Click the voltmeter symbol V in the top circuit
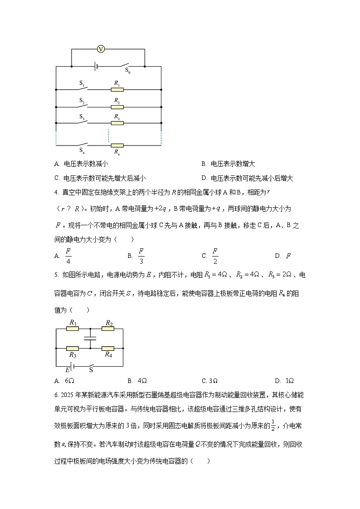coord(101,49)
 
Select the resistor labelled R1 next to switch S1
coord(117,90)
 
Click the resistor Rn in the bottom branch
coord(117,145)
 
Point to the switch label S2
coord(82,100)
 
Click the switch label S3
coord(82,116)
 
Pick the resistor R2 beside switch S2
coord(117,107)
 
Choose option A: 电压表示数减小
coord(81,164)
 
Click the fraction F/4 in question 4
coord(68,256)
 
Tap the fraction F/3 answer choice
coord(141,256)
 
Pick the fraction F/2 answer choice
coord(215,256)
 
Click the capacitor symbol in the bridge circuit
coord(90,338)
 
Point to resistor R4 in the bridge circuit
coord(108,349)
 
